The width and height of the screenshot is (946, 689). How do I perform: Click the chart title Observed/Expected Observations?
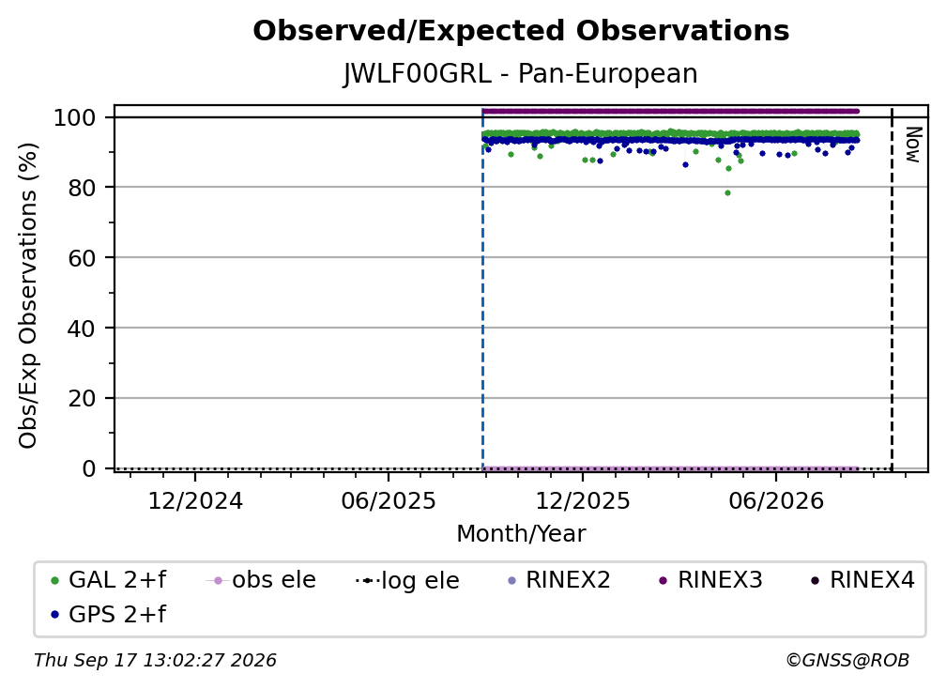click(x=521, y=31)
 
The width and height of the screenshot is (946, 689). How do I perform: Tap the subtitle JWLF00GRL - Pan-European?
click(x=521, y=74)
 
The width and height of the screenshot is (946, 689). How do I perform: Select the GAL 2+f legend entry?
click(x=108, y=580)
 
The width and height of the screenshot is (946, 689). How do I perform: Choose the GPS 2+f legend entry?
click(x=108, y=614)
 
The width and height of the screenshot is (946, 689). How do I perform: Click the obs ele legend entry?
click(x=261, y=580)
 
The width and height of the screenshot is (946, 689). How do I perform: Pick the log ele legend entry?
click(x=408, y=580)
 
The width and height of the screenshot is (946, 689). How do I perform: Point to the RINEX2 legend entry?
click(x=559, y=580)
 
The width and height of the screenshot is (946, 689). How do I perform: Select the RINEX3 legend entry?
click(x=711, y=580)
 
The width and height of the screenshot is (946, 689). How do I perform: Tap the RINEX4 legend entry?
click(x=863, y=580)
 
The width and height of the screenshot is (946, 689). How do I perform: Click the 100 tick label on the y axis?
click(x=75, y=117)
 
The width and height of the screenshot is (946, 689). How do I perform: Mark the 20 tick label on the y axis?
click(x=82, y=399)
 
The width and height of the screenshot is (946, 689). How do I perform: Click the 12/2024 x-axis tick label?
click(x=195, y=500)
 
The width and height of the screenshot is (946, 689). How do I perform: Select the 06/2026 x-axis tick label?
click(x=776, y=500)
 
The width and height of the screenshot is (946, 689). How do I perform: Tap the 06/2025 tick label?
click(x=388, y=500)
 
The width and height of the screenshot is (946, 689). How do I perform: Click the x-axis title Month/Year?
click(x=521, y=533)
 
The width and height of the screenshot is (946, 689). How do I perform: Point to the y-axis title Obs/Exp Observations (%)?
click(x=28, y=295)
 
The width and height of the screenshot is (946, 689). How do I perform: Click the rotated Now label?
click(x=914, y=145)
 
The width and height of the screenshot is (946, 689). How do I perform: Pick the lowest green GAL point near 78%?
click(x=727, y=193)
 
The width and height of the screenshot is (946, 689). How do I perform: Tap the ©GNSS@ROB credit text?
click(x=847, y=660)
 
